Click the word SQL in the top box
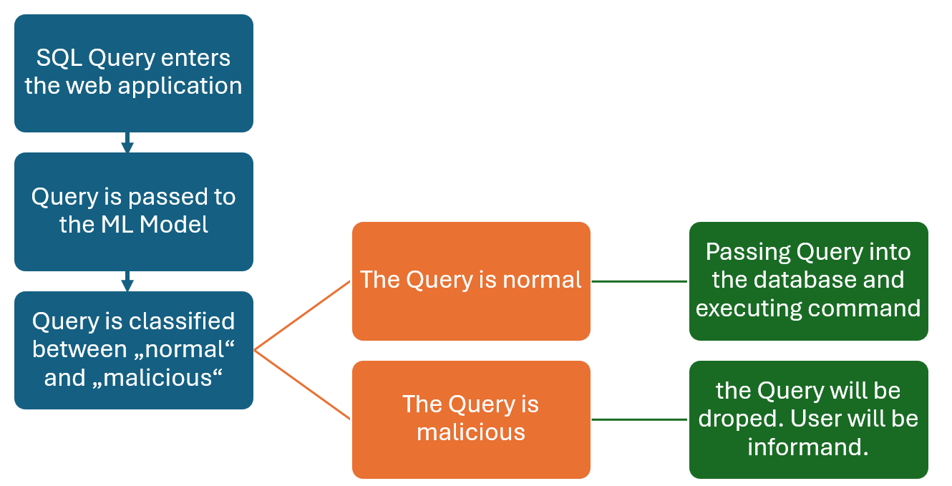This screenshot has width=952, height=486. pos(59,58)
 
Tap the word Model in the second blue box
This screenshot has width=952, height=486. pos(173,224)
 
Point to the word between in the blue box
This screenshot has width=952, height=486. pos(80,349)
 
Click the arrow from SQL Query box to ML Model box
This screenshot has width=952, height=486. pos(127,142)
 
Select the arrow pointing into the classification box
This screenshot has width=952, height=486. pos(127,281)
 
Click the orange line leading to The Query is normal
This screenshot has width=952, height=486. pos(302,316)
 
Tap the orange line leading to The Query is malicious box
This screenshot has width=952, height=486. pos(302,385)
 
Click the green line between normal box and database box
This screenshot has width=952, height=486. pos(640,281)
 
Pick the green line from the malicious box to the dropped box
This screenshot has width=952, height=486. pos(640,419)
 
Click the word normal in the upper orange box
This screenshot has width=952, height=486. pos(542,281)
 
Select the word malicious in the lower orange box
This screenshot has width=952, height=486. pos(471,432)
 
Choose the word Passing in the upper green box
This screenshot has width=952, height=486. pos(748,253)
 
